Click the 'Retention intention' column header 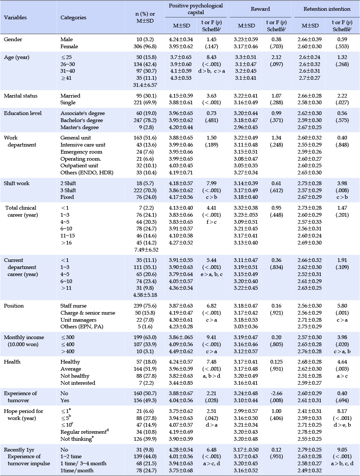click(x=327, y=9)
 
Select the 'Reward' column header click(x=260, y=9)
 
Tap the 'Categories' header click(x=73, y=17)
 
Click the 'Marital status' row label click(x=21, y=96)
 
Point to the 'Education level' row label click(x=23, y=113)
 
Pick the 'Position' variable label click(x=14, y=306)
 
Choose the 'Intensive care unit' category click(x=83, y=145)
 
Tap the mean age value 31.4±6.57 click(x=145, y=85)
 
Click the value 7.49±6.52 click(x=146, y=250)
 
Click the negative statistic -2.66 click(x=276, y=393)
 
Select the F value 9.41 click(x=211, y=337)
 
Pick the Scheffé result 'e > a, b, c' click(x=211, y=274)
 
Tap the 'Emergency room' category click(x=81, y=152)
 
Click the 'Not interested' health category click(x=78, y=383)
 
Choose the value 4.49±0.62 click(x=181, y=351)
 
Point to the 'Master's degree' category click(x=79, y=127)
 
